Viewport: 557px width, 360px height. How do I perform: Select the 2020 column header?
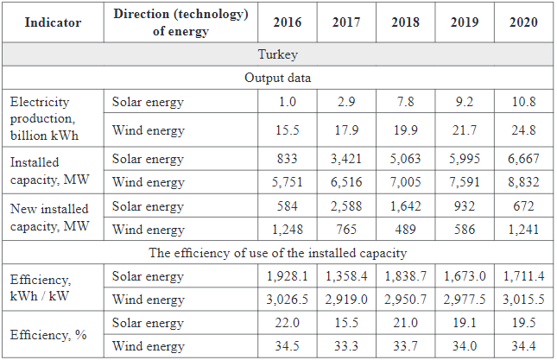pyautogui.click(x=522, y=22)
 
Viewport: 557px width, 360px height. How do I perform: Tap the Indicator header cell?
pyautogui.click(x=53, y=22)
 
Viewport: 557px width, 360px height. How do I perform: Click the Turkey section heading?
pyautogui.click(x=278, y=54)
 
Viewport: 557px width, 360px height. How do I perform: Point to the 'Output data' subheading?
pyautogui.click(x=278, y=77)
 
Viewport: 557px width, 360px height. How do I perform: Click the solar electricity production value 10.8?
pyautogui.click(x=522, y=102)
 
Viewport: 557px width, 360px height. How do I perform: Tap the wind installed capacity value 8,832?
pyautogui.click(x=522, y=182)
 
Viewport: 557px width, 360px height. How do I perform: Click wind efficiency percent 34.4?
pyautogui.click(x=522, y=347)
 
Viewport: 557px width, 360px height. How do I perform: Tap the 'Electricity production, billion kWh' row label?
pyautogui.click(x=47, y=117)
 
